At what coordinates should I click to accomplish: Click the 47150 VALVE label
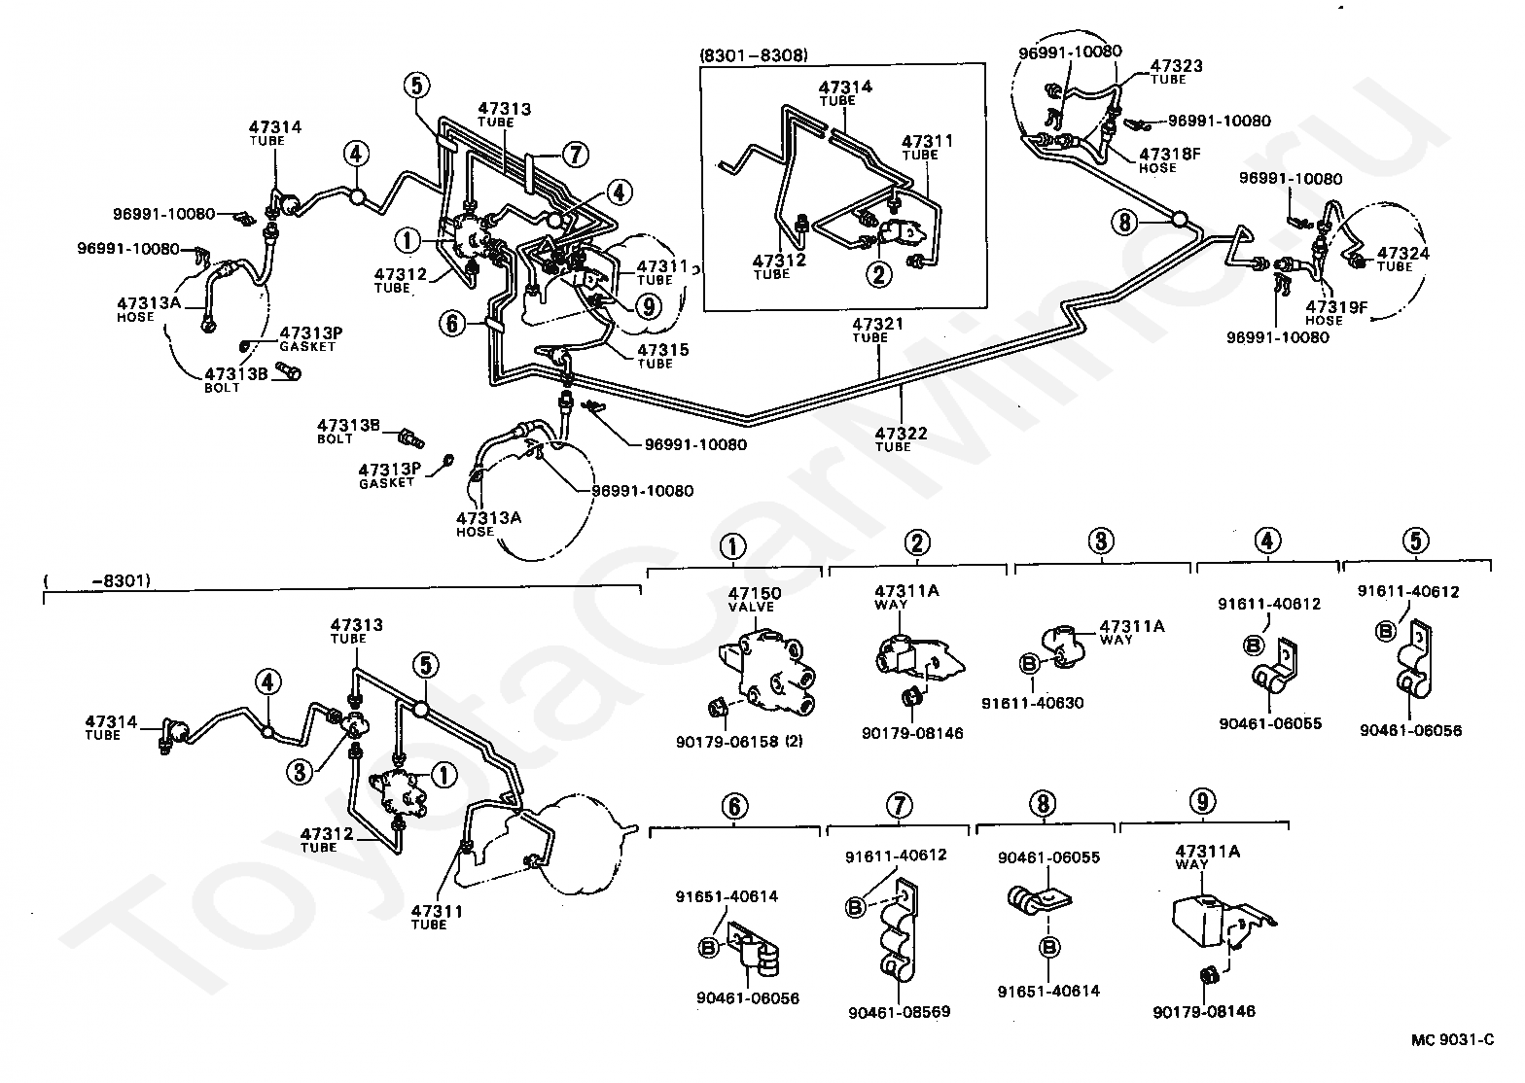[x=755, y=599]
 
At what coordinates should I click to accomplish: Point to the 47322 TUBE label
[x=893, y=438]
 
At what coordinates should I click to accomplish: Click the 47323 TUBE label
[x=1176, y=72]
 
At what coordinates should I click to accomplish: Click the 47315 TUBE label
[x=656, y=356]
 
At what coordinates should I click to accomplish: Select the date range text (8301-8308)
[x=753, y=54]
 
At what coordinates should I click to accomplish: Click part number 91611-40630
[x=1032, y=703]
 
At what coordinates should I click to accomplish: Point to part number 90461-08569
[x=899, y=1012]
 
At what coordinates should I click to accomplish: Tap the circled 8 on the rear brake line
[x=1125, y=223]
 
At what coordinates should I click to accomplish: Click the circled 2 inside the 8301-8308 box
[x=879, y=274]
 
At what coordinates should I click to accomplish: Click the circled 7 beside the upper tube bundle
[x=575, y=154]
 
